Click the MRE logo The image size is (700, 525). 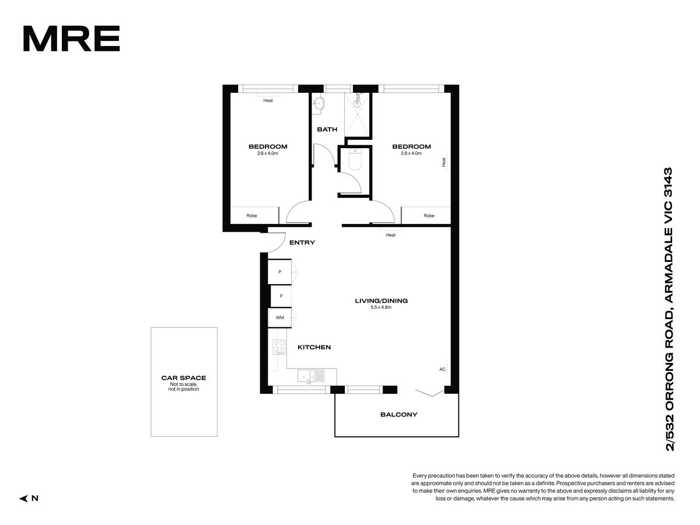click(x=71, y=38)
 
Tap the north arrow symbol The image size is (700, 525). click(x=24, y=498)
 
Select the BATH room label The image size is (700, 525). click(x=327, y=129)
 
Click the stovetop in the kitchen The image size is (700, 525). click(x=279, y=347)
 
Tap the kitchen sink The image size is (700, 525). click(x=311, y=376)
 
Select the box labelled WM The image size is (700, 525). click(x=279, y=317)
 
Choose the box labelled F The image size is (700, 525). click(x=281, y=296)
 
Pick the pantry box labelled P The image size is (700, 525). click(x=279, y=272)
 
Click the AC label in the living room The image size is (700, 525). click(x=442, y=369)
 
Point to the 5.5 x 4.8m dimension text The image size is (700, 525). click(x=381, y=307)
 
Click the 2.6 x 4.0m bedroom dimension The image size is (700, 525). click(x=268, y=153)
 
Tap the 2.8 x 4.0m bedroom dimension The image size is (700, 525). click(x=411, y=153)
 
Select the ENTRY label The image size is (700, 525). click(x=302, y=243)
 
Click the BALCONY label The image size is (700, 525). click(x=398, y=415)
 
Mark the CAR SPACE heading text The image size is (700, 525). click(x=184, y=378)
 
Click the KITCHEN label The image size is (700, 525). click(x=314, y=348)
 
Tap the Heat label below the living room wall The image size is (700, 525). click(x=391, y=235)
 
